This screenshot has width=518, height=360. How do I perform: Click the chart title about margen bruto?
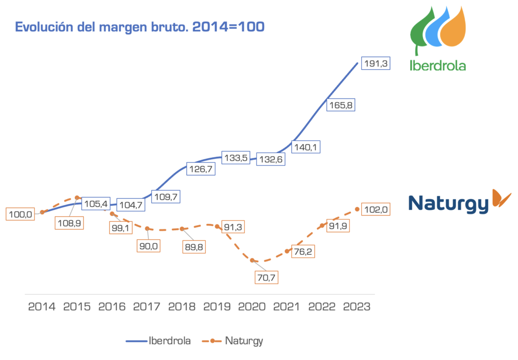tap(140, 27)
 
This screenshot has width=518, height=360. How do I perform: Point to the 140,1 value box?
tap(308, 148)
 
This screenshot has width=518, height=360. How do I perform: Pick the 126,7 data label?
tap(201, 169)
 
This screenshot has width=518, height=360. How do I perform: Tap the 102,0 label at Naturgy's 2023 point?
tap(375, 209)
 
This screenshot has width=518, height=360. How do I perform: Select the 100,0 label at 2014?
tap(21, 214)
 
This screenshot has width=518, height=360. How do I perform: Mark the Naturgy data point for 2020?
tap(252, 260)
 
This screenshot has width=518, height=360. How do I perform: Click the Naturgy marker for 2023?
tap(358, 209)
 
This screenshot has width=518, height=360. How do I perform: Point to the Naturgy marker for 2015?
tap(77, 198)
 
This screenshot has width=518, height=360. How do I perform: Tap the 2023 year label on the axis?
tap(357, 306)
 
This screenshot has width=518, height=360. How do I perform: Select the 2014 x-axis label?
tap(42, 306)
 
